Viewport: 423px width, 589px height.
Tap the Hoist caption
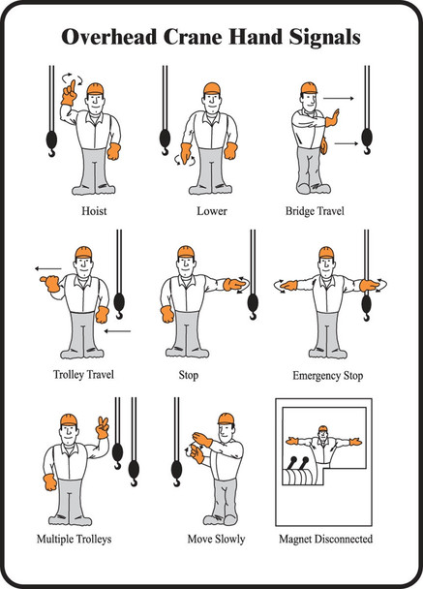tap(94, 209)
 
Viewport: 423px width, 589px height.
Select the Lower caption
tap(211, 209)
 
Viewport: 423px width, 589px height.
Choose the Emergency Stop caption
tap(327, 375)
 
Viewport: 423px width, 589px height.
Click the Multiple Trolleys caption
tap(81, 539)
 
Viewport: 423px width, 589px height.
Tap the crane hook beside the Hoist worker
tap(51, 142)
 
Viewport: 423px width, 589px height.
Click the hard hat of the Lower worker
tap(212, 89)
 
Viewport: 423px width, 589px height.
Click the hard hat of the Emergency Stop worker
tap(326, 253)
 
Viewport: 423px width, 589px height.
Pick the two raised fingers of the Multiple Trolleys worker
tap(103, 425)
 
